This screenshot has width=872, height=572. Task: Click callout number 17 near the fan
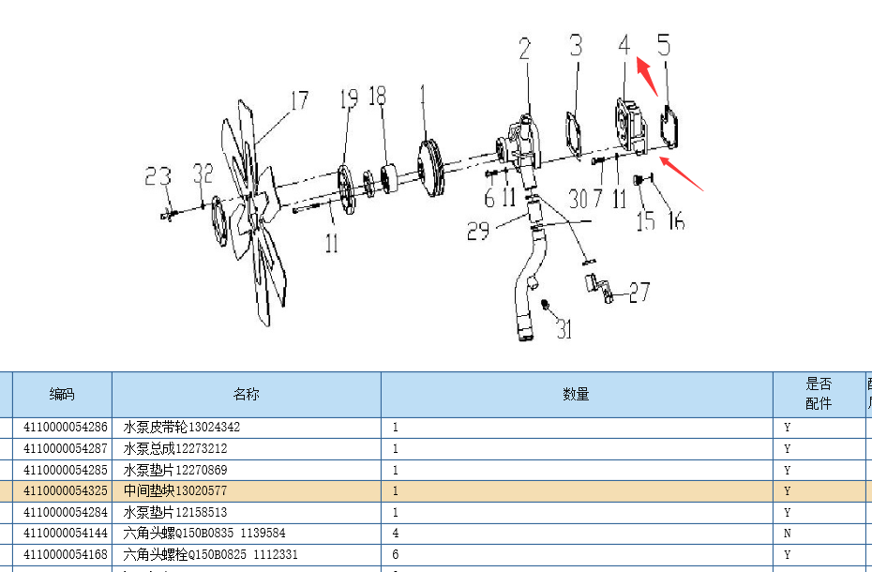coord(298,100)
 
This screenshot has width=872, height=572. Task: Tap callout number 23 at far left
coord(158,175)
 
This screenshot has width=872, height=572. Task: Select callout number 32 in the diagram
coord(203,173)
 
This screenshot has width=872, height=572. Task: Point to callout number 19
coord(348,98)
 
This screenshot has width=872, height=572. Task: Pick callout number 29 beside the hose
coord(478,231)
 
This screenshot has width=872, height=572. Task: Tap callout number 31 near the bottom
coord(563,328)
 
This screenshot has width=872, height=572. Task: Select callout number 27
coord(639,293)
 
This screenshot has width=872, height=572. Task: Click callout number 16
coord(675,221)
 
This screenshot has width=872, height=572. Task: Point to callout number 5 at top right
coord(663,45)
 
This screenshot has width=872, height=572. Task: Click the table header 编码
coord(62,395)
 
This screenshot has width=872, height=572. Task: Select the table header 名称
coord(247,395)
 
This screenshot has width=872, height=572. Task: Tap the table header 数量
coord(576,395)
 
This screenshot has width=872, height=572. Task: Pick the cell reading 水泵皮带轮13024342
coord(182,428)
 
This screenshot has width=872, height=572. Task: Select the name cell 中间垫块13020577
coord(175,491)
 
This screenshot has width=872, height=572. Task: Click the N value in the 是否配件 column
coord(787,534)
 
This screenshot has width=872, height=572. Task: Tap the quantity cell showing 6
coord(396,555)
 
